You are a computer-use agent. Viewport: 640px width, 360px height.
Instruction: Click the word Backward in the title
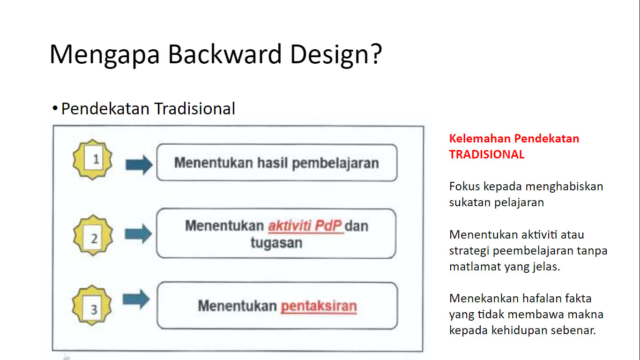225,54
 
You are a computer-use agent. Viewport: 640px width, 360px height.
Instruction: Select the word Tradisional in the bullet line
195,109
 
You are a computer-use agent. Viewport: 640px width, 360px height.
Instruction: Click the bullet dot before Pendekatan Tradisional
55,108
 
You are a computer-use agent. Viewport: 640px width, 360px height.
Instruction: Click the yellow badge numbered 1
93,159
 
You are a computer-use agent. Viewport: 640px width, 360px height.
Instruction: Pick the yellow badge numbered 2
93,235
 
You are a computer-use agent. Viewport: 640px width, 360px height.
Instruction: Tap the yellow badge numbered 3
92,305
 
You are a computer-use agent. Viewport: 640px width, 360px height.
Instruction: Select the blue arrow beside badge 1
139,165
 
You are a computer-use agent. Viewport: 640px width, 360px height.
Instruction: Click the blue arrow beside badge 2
138,234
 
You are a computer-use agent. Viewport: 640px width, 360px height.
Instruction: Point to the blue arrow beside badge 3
136,299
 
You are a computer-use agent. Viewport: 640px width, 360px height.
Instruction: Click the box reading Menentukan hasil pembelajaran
277,163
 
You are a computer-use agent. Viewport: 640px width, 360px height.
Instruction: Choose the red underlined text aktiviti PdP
305,226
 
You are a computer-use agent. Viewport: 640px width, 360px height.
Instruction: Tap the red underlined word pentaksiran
319,306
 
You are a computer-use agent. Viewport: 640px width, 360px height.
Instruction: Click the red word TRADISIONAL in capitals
487,154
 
